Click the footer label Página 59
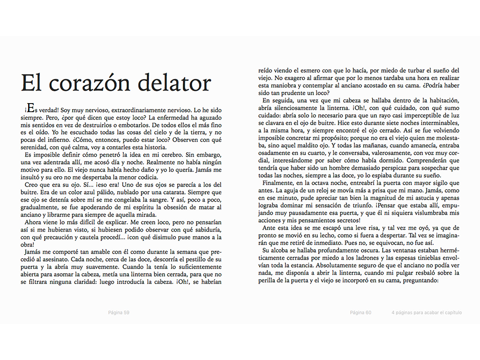[x=119, y=313]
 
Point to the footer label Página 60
[x=361, y=313]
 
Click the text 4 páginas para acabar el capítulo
[x=427, y=313]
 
